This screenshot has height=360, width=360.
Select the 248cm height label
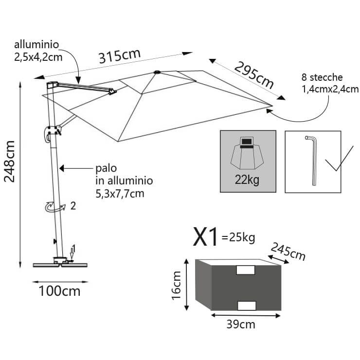10,161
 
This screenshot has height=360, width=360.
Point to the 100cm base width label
59,291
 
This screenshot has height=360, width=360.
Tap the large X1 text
206,237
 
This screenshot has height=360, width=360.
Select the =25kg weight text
238,238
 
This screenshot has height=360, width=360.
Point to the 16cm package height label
177,285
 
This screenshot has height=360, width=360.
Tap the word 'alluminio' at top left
37,45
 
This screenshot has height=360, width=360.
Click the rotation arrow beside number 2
54,207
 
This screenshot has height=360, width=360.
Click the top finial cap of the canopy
157,73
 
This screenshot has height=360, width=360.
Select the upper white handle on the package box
246,270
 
